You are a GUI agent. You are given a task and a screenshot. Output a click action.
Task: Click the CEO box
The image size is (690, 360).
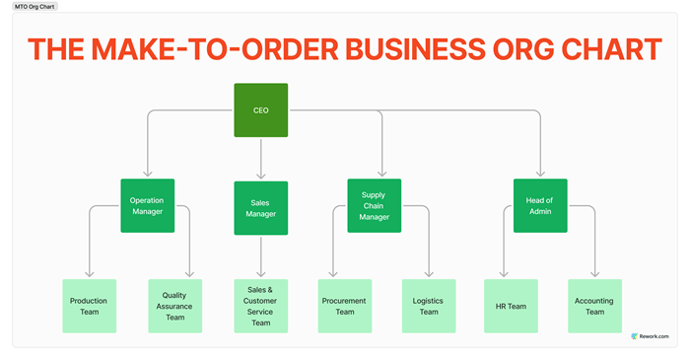(261, 110)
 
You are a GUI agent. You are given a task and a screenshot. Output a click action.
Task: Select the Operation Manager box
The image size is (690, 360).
(148, 205)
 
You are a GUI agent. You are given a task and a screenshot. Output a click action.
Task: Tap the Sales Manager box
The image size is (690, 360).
(261, 208)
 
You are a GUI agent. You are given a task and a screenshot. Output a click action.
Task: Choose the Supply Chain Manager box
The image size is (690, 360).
(374, 205)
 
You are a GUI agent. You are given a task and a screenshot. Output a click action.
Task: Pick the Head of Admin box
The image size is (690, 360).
(540, 205)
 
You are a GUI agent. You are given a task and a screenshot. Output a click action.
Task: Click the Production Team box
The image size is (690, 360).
(90, 306)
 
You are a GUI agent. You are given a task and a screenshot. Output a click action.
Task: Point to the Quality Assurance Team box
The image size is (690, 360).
(175, 306)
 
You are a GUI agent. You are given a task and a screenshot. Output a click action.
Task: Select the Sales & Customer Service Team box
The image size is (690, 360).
(261, 306)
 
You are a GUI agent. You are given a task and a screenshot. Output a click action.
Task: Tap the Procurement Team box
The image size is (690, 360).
(345, 306)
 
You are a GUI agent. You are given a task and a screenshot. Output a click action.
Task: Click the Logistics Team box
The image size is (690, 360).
(429, 306)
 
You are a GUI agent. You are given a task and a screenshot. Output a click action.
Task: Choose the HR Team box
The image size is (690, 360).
(511, 306)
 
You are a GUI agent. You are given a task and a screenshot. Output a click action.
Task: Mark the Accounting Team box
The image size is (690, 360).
(595, 306)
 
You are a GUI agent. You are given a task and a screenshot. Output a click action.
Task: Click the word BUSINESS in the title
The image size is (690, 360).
(415, 49)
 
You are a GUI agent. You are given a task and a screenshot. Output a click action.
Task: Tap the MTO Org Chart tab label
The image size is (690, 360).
(34, 7)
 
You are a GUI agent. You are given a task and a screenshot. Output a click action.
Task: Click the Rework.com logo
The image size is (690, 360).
(650, 336)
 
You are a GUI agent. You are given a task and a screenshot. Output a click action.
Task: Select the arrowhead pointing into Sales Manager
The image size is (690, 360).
(261, 176)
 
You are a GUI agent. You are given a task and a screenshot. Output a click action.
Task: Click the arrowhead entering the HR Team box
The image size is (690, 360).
(504, 274)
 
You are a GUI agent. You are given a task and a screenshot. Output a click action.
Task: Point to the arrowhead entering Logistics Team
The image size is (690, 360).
(429, 274)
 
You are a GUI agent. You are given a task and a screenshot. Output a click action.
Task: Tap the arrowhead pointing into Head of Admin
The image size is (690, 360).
(540, 174)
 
